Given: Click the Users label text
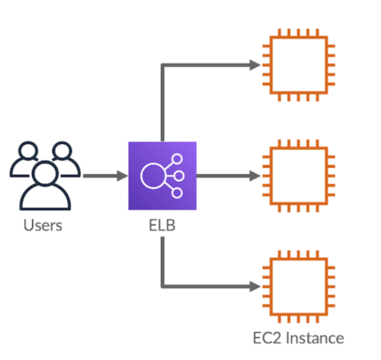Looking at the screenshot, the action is (x=43, y=225).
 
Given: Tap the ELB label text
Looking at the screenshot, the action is (x=162, y=225).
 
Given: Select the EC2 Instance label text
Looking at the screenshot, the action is (x=298, y=338).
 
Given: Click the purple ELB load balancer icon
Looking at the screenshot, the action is (x=163, y=176).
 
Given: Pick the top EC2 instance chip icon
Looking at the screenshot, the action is (x=299, y=65).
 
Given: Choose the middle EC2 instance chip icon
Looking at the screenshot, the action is (x=299, y=176).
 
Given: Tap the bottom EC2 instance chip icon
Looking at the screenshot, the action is (x=299, y=286).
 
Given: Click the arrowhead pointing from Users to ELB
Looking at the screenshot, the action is (x=122, y=176).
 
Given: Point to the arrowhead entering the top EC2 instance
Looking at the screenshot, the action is (x=255, y=65).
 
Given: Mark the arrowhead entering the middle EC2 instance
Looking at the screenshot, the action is (x=255, y=176).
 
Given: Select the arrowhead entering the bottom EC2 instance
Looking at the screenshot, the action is (x=255, y=286).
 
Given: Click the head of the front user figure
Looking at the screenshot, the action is (x=45, y=172).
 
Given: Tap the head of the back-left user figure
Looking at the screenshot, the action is (x=28, y=150).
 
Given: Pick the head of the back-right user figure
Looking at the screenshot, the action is (x=62, y=150).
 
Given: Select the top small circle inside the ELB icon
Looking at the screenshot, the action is (x=177, y=159).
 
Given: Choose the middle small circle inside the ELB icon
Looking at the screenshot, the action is (x=179, y=176).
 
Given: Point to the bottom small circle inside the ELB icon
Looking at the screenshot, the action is (x=177, y=193).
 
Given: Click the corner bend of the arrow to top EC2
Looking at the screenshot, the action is (x=163, y=65).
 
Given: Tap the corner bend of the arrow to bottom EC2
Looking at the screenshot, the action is (x=163, y=286).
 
